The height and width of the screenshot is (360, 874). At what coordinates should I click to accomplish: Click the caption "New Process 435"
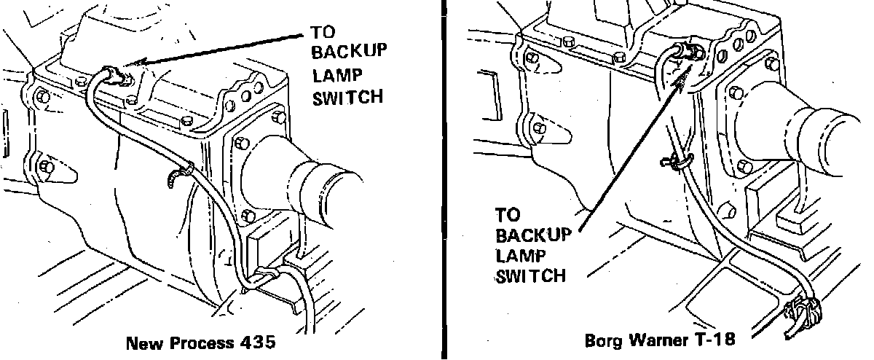[x=201, y=343]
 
